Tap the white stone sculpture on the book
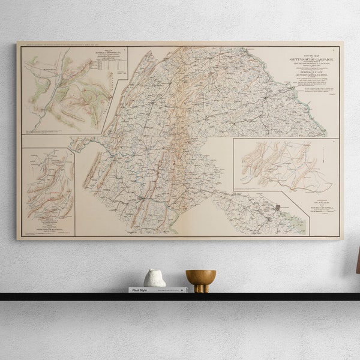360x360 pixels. (x=155, y=278)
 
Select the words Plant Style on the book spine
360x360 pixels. (x=139, y=290)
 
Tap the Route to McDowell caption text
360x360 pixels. (x=324, y=209)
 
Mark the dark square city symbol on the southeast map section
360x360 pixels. (x=277, y=207)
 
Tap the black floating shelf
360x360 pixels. (x=180, y=296)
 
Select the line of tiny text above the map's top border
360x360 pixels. (x=66, y=44)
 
